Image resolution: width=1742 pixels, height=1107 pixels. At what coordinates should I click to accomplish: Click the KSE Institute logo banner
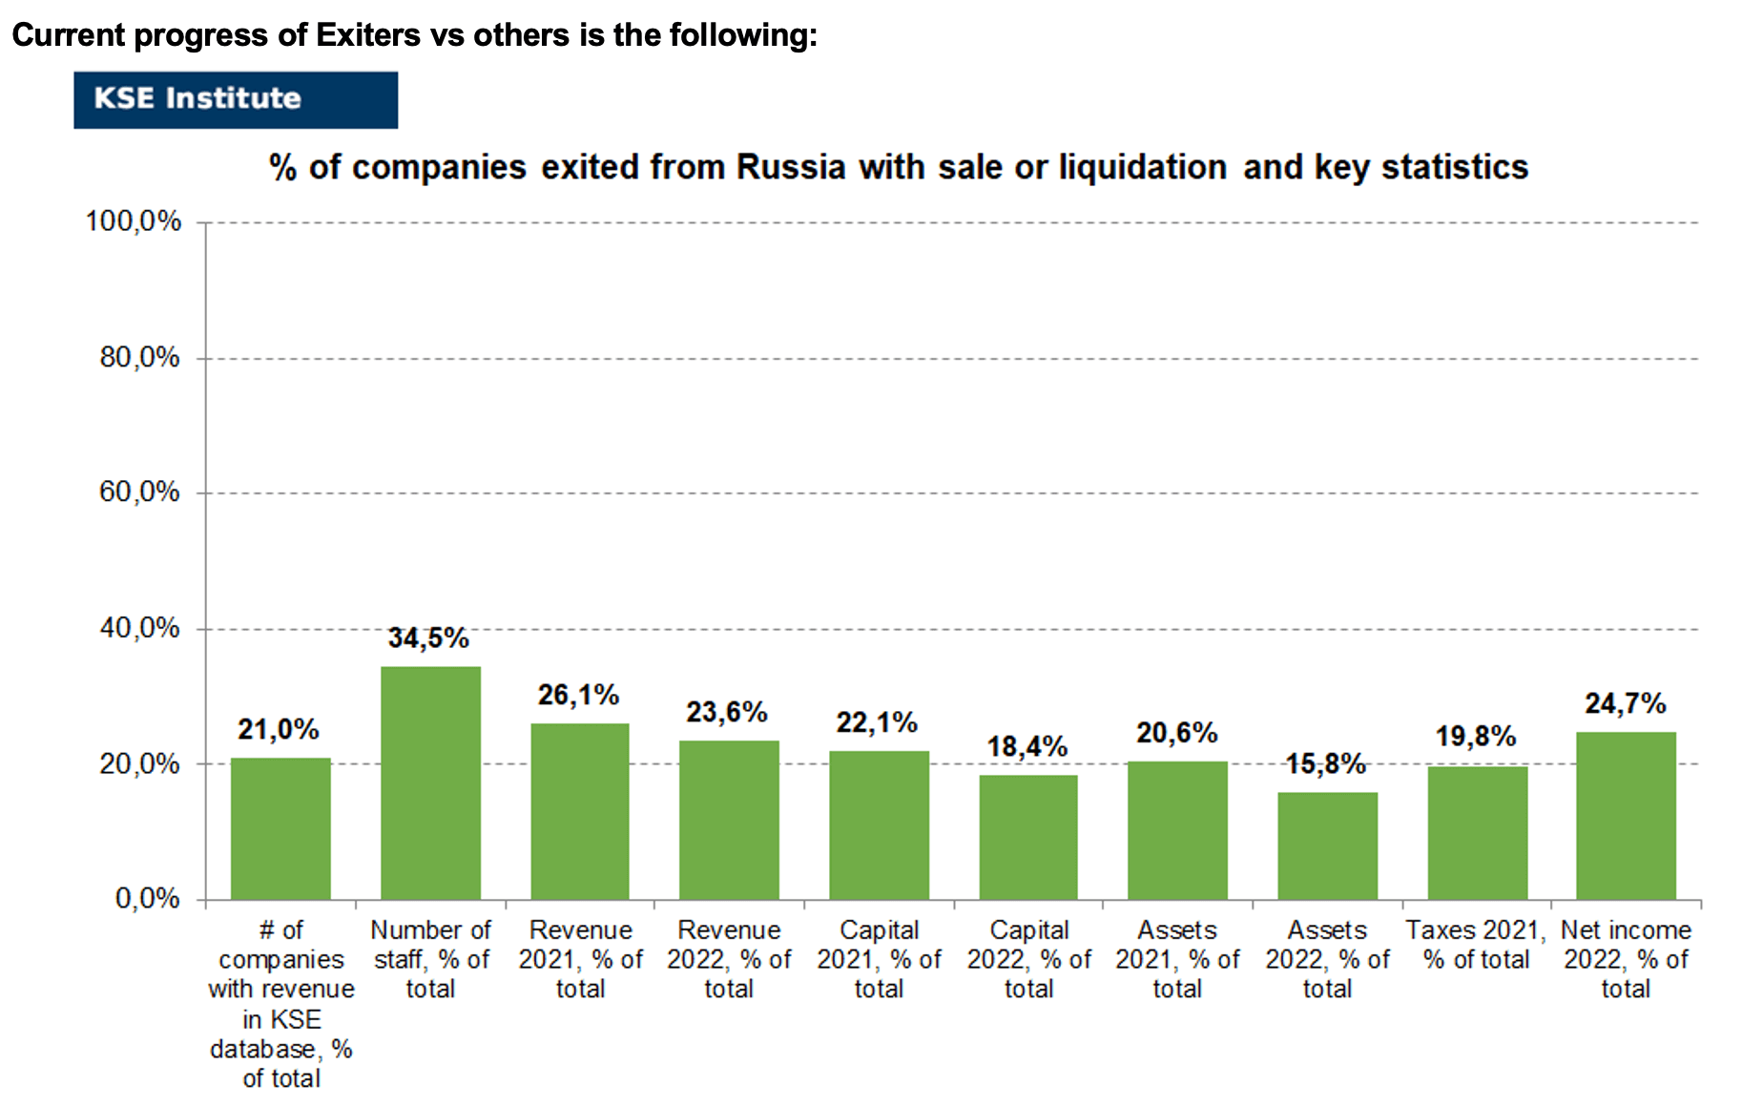(x=236, y=99)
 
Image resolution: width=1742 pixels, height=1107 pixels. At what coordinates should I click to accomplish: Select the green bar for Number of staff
(x=430, y=783)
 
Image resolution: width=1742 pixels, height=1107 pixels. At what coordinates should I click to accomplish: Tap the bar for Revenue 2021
(x=580, y=811)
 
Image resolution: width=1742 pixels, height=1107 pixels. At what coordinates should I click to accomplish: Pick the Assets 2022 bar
(x=1327, y=846)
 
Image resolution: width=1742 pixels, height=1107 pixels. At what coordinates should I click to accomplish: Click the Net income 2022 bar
(x=1626, y=816)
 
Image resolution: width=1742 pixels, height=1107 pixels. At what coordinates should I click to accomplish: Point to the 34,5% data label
(x=428, y=637)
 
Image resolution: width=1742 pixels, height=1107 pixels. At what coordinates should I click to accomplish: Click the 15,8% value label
(x=1326, y=763)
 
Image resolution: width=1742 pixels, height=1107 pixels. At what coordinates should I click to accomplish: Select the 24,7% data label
(x=1626, y=703)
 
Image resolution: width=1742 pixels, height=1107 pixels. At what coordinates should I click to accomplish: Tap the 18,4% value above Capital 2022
(x=1027, y=746)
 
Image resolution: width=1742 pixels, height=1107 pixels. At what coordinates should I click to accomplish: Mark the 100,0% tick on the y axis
(x=134, y=221)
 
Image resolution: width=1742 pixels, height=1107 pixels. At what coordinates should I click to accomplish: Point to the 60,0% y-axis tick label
(x=139, y=492)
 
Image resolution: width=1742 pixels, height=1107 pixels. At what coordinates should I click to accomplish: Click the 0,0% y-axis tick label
(x=147, y=898)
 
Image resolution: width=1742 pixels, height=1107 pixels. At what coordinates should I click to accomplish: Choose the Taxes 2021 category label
(x=1476, y=945)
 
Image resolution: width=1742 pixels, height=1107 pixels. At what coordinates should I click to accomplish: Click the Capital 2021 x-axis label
(x=879, y=959)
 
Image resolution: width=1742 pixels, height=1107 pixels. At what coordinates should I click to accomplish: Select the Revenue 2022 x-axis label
(x=729, y=959)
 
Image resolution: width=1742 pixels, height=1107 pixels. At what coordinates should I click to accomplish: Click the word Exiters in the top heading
(x=368, y=35)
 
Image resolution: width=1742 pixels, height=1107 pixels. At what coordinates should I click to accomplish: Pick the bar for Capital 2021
(x=879, y=825)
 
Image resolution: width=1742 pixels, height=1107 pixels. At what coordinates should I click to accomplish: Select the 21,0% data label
(x=279, y=729)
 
